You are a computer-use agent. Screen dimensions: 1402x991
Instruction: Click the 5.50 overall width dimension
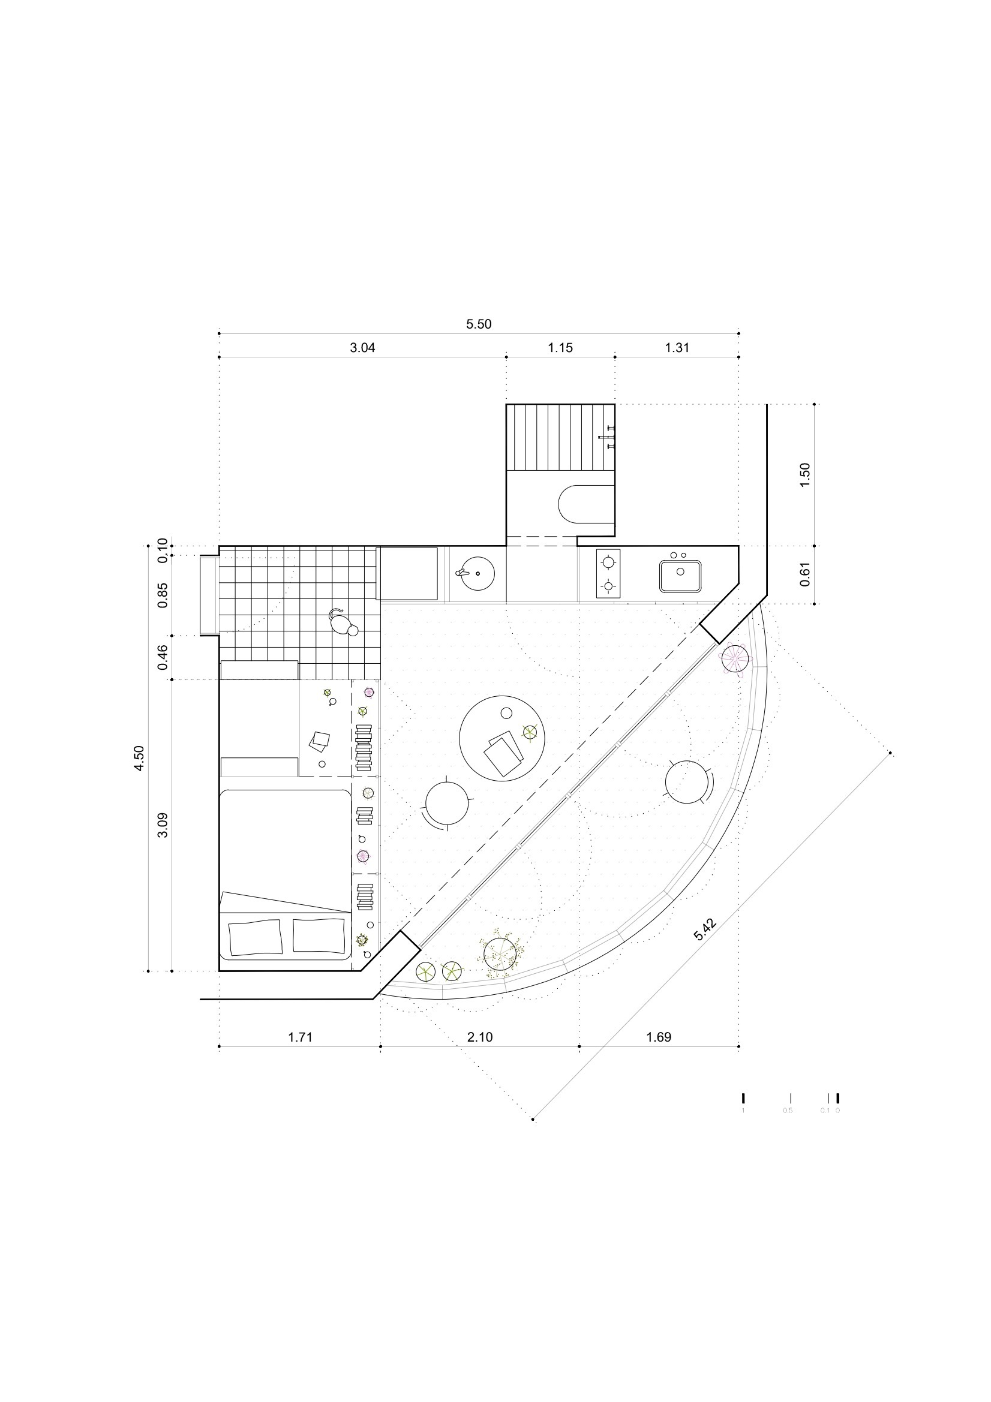coord(478,324)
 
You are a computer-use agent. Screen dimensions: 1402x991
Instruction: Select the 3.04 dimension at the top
coord(362,348)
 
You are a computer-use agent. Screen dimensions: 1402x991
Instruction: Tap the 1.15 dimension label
coord(560,348)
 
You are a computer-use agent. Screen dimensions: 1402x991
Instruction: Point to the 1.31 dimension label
coord(677,348)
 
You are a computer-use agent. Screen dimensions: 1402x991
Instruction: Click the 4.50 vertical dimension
coord(140,759)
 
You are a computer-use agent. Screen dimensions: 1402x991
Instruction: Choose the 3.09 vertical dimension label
coord(163,826)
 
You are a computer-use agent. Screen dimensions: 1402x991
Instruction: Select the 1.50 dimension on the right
coord(804,474)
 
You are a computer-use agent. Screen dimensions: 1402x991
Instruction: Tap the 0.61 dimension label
coord(804,574)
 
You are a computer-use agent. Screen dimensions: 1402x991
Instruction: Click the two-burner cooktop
coord(608,573)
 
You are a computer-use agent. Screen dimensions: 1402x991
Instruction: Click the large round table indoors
coord(501,737)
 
